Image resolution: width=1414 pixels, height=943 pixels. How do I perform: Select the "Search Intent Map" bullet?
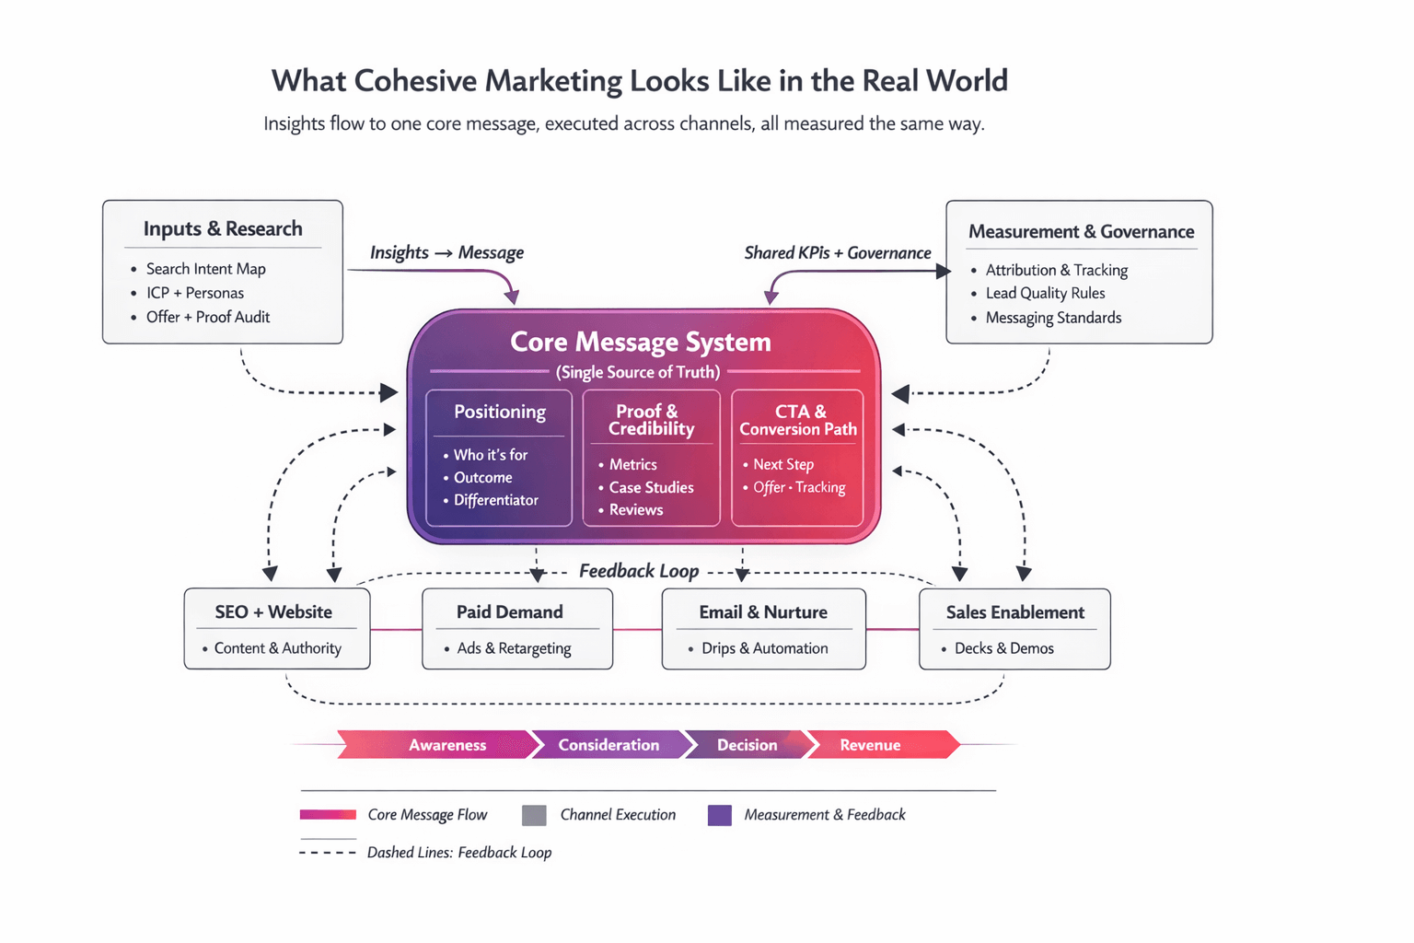coord(205,269)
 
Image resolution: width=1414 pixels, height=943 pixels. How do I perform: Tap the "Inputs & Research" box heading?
coord(223,228)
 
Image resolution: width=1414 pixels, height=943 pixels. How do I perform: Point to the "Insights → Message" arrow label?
coord(446,252)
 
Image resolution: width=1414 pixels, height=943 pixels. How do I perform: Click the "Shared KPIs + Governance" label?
coord(837,252)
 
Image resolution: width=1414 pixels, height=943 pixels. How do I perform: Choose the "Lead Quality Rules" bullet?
coord(1045,293)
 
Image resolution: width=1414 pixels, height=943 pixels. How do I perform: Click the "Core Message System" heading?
coord(641,342)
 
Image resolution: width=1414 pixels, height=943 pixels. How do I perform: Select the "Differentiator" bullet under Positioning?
coord(495,500)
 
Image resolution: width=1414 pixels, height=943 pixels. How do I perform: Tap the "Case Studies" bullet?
coord(651,487)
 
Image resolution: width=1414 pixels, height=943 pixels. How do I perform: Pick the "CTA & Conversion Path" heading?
coord(798,420)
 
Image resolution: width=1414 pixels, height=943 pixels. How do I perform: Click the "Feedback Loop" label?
coord(639,571)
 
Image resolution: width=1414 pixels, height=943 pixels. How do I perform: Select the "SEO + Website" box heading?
coord(273,611)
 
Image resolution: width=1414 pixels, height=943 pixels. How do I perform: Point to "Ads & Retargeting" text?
coord(514,648)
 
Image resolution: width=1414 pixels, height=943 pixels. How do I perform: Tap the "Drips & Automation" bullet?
coord(764,648)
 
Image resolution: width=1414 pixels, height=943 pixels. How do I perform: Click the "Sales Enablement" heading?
coord(1015,612)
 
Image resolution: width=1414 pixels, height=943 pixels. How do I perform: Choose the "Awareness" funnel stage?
coord(447,745)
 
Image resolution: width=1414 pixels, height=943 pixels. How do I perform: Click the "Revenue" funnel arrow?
coord(870,745)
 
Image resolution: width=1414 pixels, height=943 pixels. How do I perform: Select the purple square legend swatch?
coord(720,815)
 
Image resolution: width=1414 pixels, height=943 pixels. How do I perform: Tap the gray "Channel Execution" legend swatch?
coord(534,815)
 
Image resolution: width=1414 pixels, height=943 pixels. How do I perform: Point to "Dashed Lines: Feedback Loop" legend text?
coord(459,853)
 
